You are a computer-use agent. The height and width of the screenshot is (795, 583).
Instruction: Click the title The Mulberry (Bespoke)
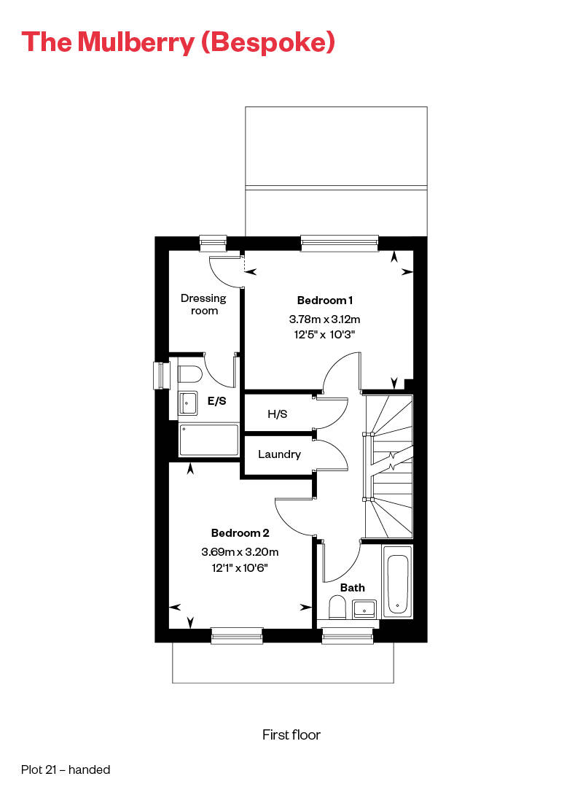[178, 42]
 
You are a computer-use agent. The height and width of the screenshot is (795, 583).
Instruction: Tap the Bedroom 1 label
[325, 300]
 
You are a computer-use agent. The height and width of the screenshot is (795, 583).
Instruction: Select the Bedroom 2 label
[240, 532]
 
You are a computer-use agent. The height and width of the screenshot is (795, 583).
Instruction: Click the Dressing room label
[204, 304]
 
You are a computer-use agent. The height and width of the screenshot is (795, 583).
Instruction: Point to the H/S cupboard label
[278, 414]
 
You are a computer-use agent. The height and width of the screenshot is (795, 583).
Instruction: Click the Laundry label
[279, 454]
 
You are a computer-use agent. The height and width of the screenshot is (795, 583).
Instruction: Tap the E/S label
[216, 400]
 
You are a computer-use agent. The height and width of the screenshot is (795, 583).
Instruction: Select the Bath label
[353, 587]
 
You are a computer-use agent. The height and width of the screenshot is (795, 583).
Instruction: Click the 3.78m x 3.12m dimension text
[325, 319]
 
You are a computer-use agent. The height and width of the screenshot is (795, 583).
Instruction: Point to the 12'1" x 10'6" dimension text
[240, 567]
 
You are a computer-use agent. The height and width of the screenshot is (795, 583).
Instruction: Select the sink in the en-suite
[188, 401]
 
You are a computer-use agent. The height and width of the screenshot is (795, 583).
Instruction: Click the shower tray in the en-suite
[209, 440]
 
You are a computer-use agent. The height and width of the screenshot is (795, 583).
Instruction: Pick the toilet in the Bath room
[337, 607]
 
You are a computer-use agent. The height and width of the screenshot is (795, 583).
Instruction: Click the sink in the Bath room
[364, 608]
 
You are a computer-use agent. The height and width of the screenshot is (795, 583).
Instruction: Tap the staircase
[389, 466]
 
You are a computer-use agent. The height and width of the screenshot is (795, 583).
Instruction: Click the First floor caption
[291, 734]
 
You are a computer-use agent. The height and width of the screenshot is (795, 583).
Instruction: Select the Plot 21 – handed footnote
[66, 769]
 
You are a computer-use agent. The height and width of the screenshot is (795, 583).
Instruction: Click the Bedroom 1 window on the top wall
[340, 243]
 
